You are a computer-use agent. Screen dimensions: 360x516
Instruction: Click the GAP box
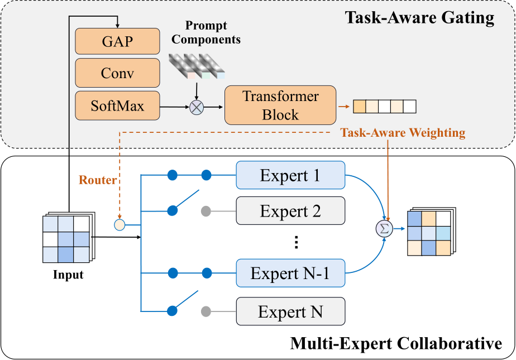[117, 41]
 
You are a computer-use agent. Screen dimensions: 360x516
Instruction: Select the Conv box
[117, 73]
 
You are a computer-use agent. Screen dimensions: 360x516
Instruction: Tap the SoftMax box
[117, 105]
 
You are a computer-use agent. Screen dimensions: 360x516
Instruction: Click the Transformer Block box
[280, 105]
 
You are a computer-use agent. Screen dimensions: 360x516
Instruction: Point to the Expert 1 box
[290, 176]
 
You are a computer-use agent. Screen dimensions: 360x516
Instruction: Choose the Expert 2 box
[290, 211]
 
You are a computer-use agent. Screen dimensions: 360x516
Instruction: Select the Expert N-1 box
[290, 273]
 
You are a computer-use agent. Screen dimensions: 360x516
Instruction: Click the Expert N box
[290, 311]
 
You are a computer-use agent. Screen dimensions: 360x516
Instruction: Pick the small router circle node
[120, 225]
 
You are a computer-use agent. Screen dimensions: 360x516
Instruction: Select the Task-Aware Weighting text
[403, 133]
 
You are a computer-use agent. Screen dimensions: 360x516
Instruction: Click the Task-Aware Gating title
[420, 18]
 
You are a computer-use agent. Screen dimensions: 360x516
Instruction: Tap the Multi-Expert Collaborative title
[395, 343]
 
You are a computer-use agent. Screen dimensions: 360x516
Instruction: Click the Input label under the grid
[68, 275]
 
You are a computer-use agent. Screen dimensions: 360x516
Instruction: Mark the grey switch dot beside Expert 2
[206, 211]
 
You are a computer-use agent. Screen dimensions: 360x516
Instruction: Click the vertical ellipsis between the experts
[297, 242]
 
